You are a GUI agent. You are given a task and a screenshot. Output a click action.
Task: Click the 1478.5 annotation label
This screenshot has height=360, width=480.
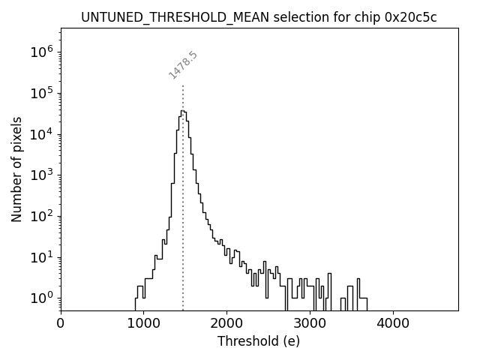click(183, 65)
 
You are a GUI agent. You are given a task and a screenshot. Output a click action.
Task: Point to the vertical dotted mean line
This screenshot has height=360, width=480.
click(183, 225)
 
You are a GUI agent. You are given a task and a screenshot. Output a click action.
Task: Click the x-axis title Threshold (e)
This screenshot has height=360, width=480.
click(259, 342)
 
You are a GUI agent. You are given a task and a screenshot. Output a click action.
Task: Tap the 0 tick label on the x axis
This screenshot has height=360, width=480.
click(61, 324)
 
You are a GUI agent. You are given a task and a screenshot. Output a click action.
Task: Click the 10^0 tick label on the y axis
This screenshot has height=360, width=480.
click(42, 298)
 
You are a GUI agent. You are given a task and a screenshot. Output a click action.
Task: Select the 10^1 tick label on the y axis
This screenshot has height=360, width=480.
click(42, 257)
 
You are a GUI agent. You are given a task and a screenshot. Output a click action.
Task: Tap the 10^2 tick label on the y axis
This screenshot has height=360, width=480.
click(42, 216)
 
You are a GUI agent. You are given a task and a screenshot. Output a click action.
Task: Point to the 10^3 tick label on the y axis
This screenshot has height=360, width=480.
click(42, 175)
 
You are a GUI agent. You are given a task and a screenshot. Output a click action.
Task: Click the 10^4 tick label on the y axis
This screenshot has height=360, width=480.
click(42, 134)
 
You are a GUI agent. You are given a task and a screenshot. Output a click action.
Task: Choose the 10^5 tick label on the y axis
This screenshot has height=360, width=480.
click(42, 93)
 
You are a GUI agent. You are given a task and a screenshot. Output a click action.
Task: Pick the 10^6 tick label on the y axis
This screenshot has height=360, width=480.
click(42, 52)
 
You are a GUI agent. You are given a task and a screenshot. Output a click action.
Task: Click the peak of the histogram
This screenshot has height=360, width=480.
click(182, 111)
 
